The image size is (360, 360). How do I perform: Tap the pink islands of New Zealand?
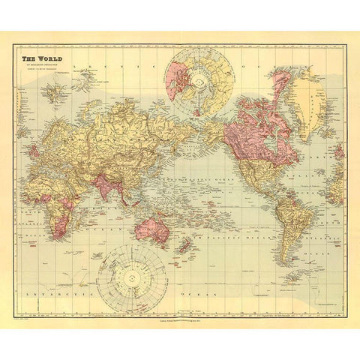point(182,245)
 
